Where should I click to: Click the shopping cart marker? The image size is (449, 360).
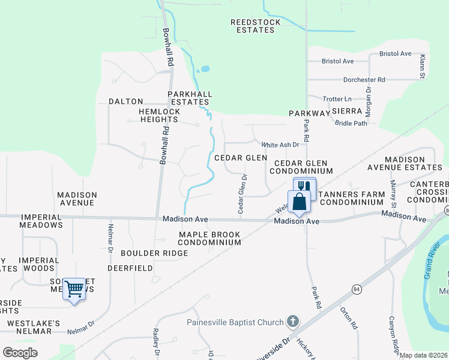74,289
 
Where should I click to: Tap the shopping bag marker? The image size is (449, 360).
298,202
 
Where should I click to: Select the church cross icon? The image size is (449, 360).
292,322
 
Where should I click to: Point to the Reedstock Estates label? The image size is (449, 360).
256,26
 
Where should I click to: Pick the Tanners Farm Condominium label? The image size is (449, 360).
352,199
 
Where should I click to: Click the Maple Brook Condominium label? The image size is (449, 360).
209,238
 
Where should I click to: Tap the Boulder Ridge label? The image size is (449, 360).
154,253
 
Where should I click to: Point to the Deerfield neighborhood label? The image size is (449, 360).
130,268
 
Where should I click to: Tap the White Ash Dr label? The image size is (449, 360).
280,145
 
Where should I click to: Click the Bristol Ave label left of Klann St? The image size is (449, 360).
337,61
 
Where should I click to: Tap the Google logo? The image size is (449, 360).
20,353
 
